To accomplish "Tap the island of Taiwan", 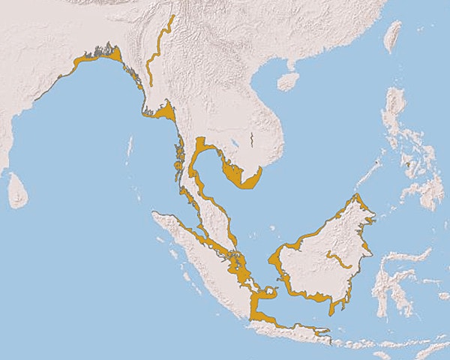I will click(x=393, y=36).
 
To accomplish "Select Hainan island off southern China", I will click(x=288, y=80).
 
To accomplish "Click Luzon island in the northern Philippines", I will click(x=396, y=112).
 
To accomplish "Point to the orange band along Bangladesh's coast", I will click(x=97, y=57).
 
